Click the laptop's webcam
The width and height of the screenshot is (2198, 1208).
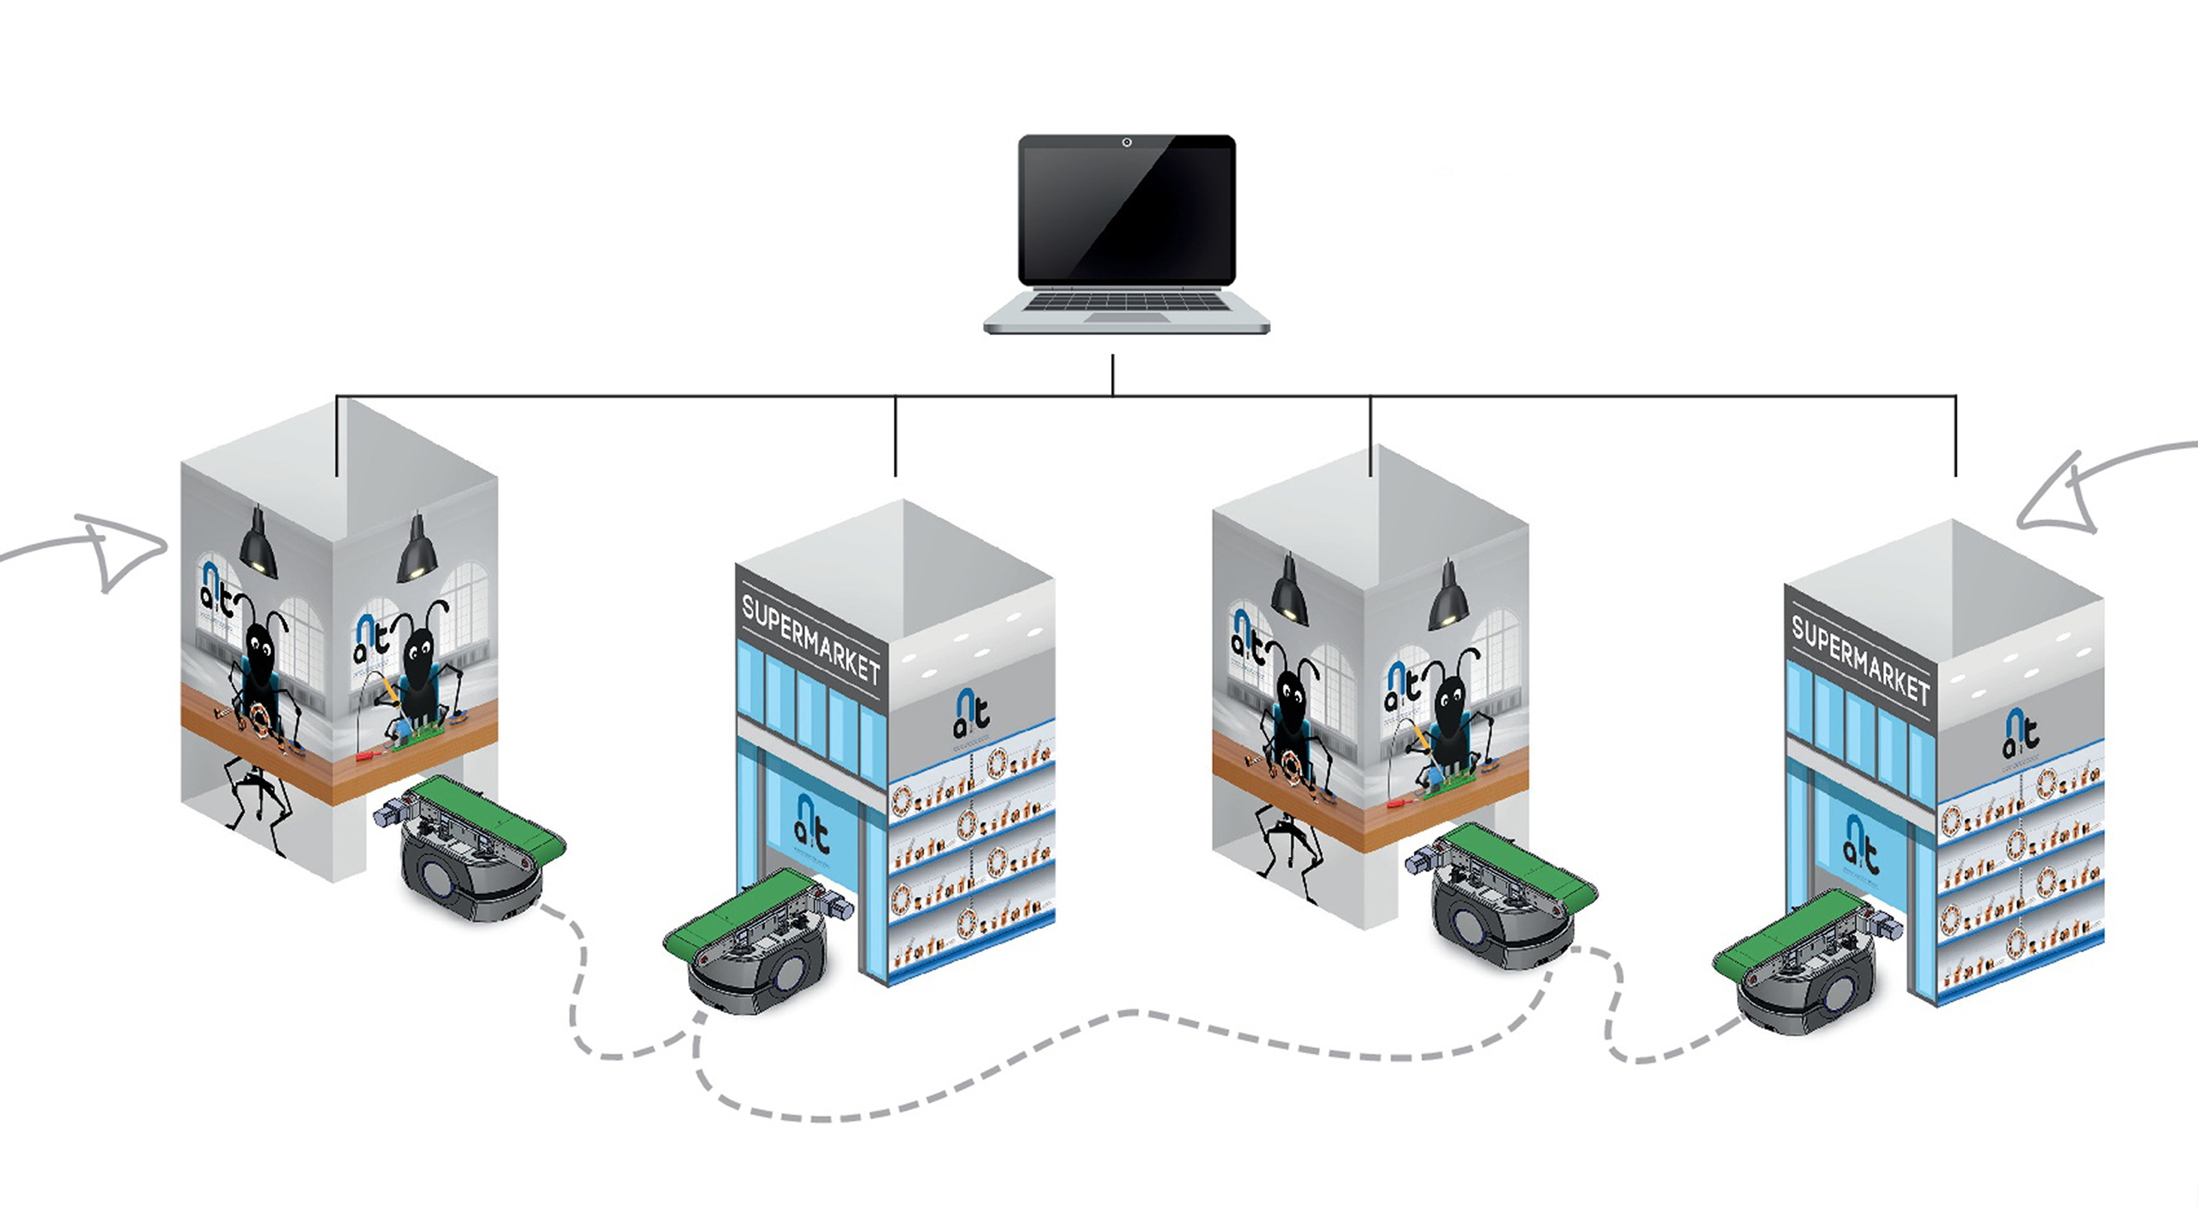[x=1126, y=143]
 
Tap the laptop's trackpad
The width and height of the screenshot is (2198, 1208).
[x=1126, y=317]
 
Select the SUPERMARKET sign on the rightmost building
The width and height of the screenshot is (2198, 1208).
[x=1860, y=660]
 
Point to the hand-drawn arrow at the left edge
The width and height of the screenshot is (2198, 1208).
[x=102, y=550]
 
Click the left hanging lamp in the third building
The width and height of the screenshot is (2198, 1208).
[x=1289, y=592]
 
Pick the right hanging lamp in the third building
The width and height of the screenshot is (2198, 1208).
[x=1448, y=598]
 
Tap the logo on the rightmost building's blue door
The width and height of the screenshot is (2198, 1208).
[x=1860, y=844]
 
